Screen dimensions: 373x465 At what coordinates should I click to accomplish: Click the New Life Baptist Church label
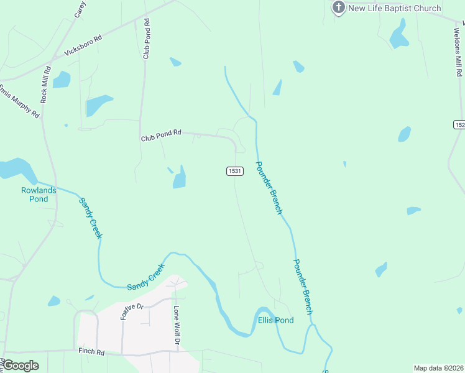(x=395, y=8)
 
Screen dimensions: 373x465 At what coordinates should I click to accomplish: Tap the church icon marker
(x=338, y=7)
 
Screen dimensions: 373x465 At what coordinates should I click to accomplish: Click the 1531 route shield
(x=234, y=171)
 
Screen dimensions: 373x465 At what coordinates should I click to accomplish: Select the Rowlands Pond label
(x=39, y=195)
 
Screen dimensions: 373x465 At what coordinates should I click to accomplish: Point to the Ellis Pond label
(x=275, y=320)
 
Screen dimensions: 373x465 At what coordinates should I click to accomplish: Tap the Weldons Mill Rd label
(x=458, y=50)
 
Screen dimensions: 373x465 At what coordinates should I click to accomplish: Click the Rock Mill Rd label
(x=44, y=86)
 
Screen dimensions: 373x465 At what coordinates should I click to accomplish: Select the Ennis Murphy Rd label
(x=19, y=100)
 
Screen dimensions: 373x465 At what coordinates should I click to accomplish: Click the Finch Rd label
(x=91, y=351)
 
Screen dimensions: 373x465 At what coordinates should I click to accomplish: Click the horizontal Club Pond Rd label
(x=160, y=133)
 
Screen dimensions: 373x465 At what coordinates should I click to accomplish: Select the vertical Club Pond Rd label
(x=146, y=39)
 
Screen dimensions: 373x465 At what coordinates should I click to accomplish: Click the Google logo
(x=21, y=366)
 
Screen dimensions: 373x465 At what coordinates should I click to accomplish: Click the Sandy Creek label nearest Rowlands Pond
(x=90, y=218)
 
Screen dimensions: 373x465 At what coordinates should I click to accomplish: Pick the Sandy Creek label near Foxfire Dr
(x=145, y=278)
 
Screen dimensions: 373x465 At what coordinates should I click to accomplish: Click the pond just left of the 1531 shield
(x=180, y=178)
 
